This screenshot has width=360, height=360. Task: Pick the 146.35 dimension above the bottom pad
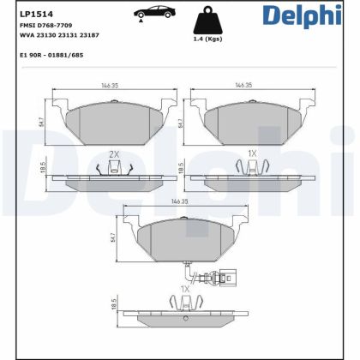(177, 201)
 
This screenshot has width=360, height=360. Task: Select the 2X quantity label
(114, 154)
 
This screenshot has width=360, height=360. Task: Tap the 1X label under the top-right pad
(252, 154)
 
